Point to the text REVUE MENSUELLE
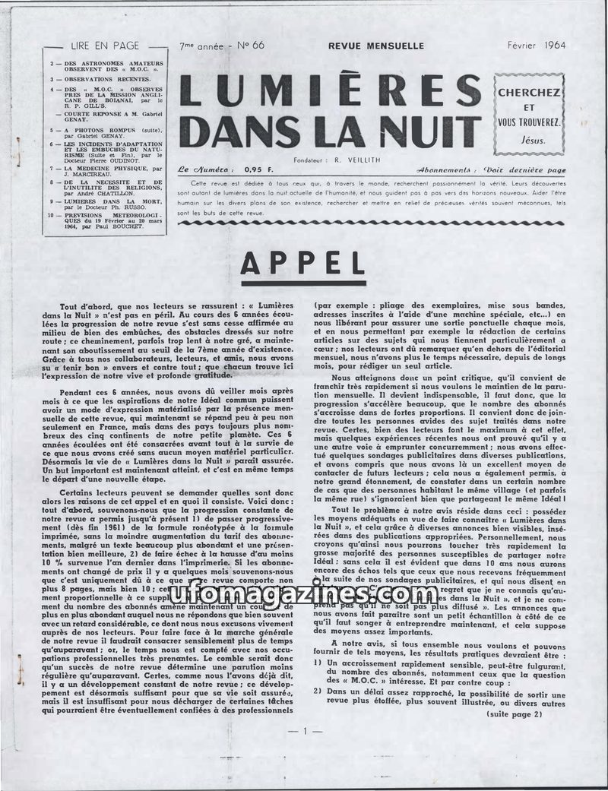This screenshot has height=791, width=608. (376, 46)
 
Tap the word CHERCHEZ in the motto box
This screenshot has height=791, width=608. (529, 92)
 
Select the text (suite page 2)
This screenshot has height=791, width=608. (515, 714)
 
